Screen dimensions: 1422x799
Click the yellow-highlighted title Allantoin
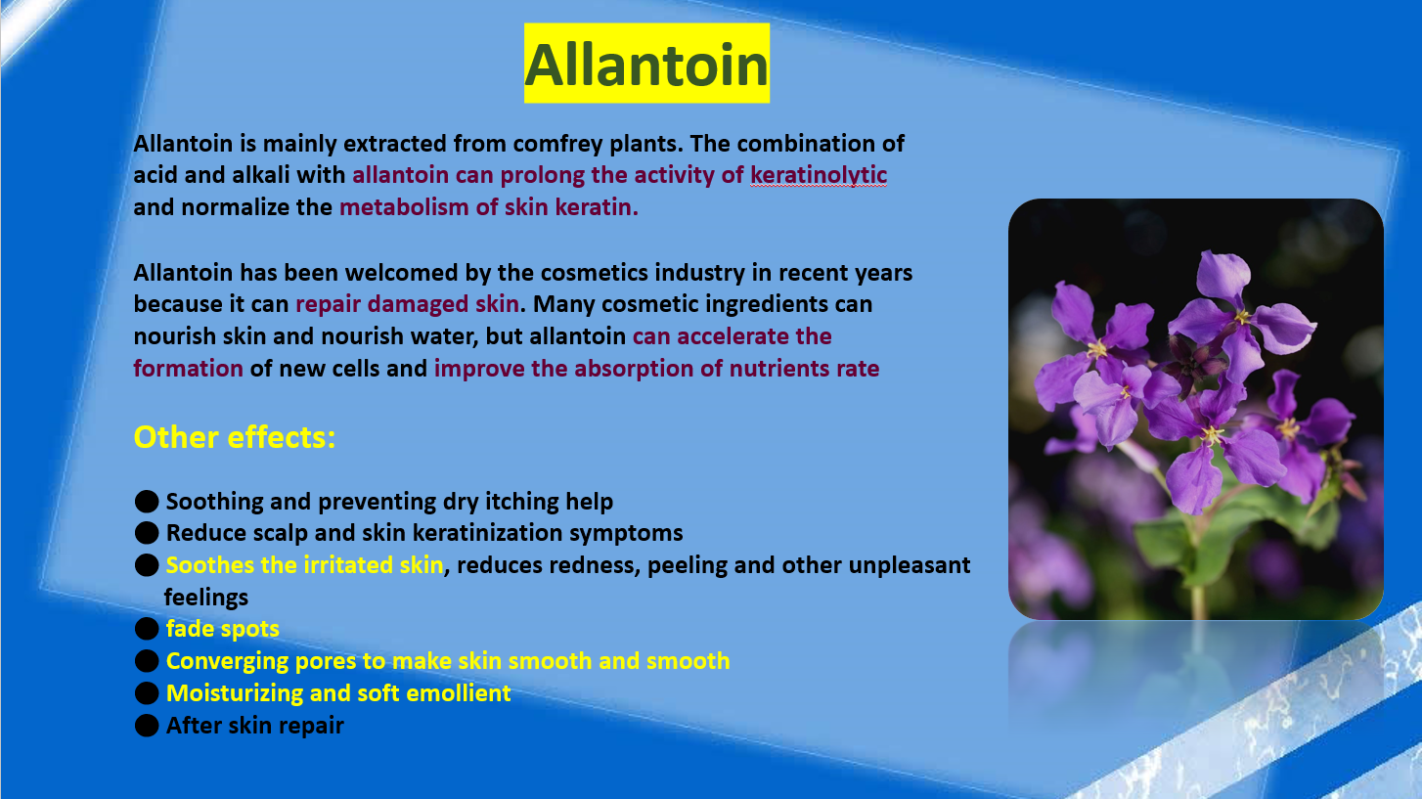(x=646, y=64)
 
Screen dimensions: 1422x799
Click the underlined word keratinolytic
(x=819, y=176)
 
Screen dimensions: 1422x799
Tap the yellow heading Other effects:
(x=235, y=437)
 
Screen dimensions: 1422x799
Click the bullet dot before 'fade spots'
(x=147, y=628)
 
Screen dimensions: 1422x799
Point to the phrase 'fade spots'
(x=222, y=629)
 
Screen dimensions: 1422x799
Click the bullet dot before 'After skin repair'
(x=147, y=726)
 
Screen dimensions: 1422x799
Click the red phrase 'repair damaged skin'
(x=408, y=304)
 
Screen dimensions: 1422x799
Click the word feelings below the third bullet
(x=206, y=598)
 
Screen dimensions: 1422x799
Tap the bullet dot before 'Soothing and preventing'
(x=147, y=502)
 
